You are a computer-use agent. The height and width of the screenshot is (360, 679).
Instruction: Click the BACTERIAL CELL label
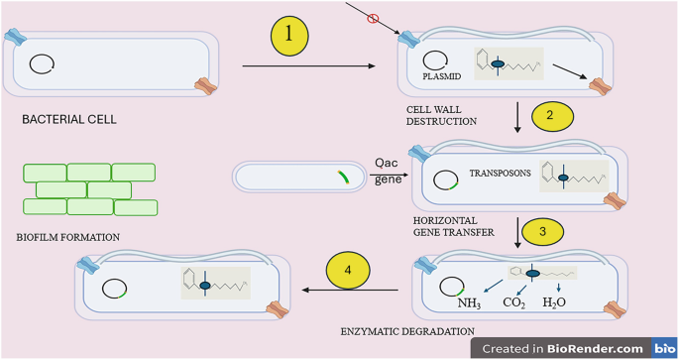coord(68,120)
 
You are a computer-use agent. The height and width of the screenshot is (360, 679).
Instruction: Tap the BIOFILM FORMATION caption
coord(68,237)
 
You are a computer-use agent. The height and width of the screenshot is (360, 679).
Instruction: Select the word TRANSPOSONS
coord(500,172)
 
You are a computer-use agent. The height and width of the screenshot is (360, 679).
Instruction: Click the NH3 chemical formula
coord(471,303)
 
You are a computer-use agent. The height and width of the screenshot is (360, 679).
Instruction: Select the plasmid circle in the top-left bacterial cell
coord(41,64)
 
